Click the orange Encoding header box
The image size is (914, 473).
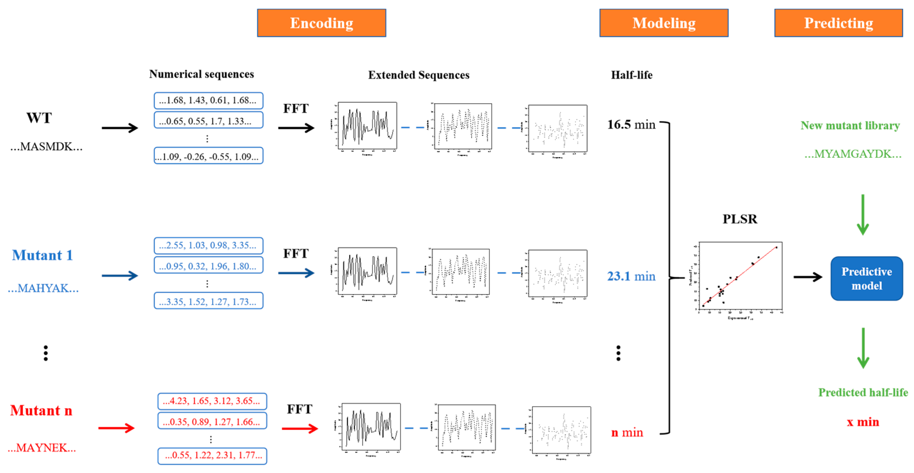pos(322,23)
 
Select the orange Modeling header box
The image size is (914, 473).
pos(664,23)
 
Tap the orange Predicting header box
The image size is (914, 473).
pos(838,23)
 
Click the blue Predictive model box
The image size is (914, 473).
pos(866,279)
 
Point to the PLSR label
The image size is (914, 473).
pos(740,219)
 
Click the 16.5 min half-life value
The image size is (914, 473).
pos(631,125)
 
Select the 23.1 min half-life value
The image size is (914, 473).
pos(631,276)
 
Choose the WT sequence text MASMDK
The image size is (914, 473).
pos(46,146)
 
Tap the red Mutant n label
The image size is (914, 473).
pos(41,411)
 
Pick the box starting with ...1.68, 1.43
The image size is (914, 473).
pos(208,100)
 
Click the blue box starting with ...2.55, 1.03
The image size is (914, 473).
pos(208,245)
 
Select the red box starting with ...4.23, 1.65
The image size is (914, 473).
pos(212,401)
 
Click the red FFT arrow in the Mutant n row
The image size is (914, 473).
pos(300,429)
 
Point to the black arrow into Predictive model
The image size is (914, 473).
pos(808,277)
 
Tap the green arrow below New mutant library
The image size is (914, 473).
pos(862,214)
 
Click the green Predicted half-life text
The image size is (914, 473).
pos(862,392)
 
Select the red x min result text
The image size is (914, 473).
pos(862,422)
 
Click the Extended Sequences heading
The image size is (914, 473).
pos(419,75)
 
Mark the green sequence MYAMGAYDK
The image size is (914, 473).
pos(853,154)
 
